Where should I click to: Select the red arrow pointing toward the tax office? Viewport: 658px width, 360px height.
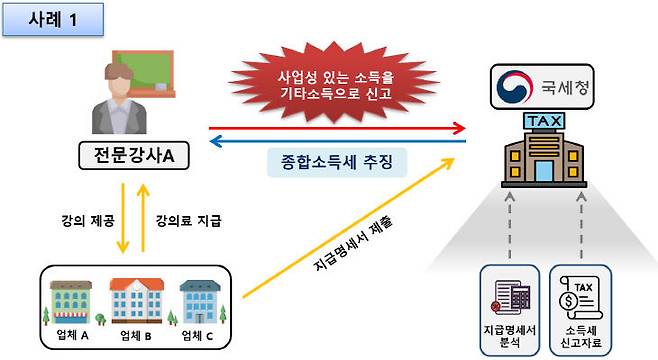[x=340, y=128]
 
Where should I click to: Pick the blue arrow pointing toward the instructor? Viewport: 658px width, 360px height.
[x=340, y=141]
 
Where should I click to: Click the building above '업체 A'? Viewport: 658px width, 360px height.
[x=72, y=297]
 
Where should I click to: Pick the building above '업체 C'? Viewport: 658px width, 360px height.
[x=196, y=299]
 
